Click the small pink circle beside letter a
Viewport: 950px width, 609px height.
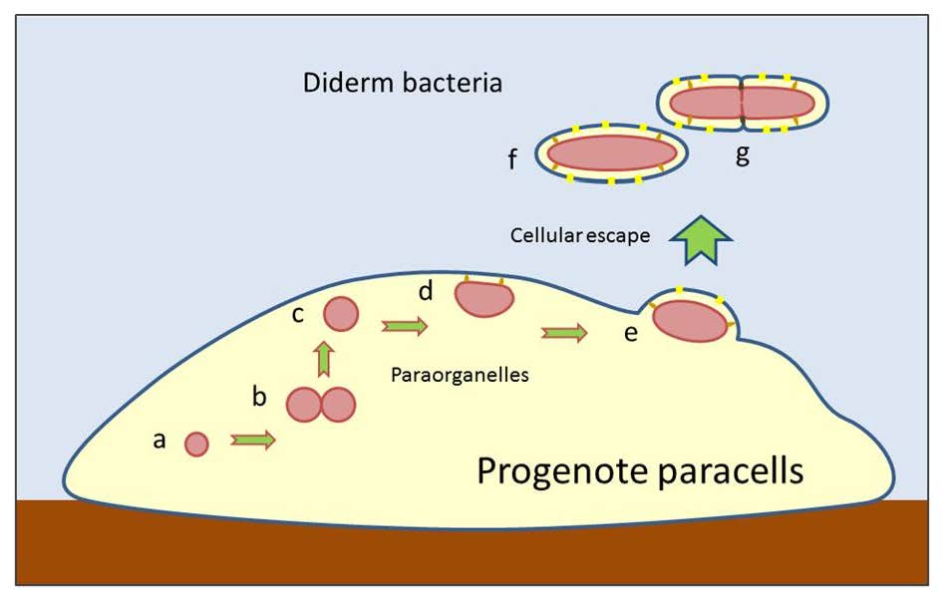[196, 444]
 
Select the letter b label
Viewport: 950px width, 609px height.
[259, 397]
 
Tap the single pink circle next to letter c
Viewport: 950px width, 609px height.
[341, 314]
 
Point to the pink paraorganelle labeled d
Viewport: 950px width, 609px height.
[483, 297]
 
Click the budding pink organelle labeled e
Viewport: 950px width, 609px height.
[690, 320]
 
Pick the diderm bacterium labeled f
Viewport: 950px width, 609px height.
[610, 152]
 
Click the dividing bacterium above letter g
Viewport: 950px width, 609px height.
[743, 103]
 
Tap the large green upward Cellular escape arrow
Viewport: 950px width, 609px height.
[701, 240]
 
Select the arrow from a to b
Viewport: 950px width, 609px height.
[253, 441]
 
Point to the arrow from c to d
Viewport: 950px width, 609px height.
[404, 326]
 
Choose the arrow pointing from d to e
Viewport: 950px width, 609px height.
[563, 333]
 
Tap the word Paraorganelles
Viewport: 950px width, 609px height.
[459, 376]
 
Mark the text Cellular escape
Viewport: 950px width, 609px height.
[580, 236]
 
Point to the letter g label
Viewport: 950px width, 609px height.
[742, 154]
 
